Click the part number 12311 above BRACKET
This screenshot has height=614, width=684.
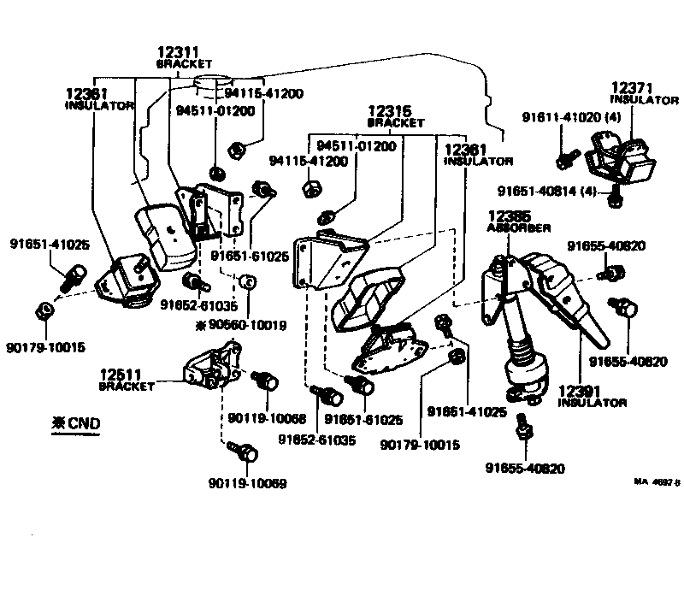click(x=177, y=52)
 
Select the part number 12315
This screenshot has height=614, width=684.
click(x=390, y=111)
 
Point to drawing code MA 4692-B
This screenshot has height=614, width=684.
click(x=656, y=482)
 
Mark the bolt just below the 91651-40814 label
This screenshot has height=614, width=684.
click(x=614, y=199)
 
